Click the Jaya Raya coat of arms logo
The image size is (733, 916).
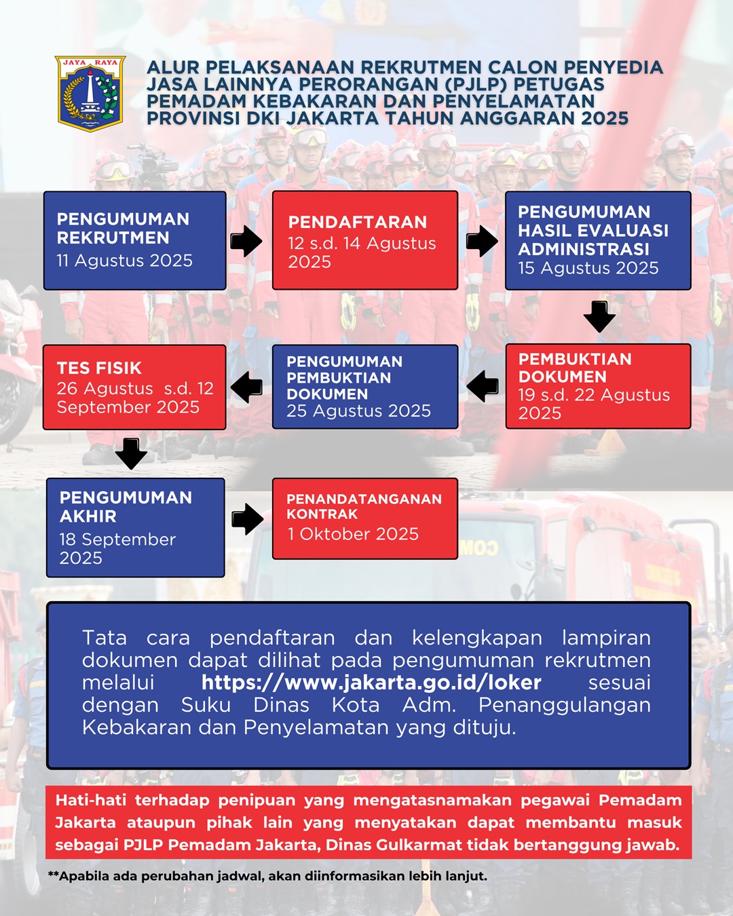(x=90, y=94)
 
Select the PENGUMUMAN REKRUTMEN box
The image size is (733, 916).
(x=134, y=240)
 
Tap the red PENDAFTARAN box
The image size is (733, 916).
(x=365, y=240)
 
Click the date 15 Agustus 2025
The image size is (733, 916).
(x=588, y=268)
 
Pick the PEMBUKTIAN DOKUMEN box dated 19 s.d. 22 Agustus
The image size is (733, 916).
(x=598, y=386)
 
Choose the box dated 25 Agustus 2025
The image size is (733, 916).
(x=365, y=387)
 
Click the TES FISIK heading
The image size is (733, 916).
(x=99, y=368)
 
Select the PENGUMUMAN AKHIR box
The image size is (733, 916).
(x=136, y=528)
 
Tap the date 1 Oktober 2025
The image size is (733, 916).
(x=353, y=534)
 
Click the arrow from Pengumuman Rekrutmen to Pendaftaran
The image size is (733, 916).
(x=246, y=241)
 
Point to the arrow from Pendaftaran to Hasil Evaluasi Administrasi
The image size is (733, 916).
(x=482, y=241)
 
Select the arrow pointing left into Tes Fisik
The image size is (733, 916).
(x=246, y=387)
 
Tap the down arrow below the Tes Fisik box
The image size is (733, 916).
(x=131, y=454)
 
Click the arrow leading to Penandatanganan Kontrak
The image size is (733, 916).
(x=248, y=519)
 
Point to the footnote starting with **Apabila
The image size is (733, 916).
(x=267, y=876)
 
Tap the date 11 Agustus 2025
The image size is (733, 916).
(x=125, y=261)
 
